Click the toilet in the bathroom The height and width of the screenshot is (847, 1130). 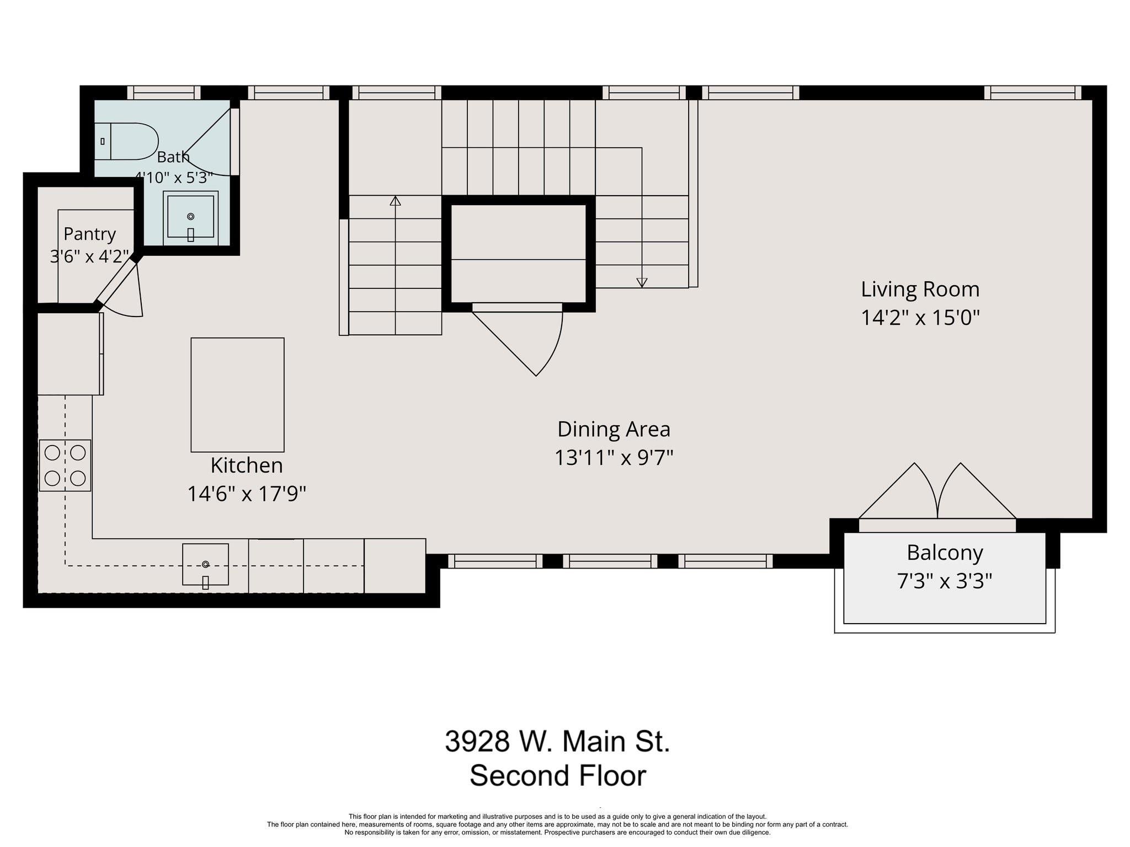[126, 141]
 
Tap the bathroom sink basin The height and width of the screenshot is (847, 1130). [191, 216]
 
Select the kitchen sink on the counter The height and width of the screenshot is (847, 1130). [205, 564]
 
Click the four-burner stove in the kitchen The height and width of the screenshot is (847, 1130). [65, 465]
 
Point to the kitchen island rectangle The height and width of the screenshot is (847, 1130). [238, 395]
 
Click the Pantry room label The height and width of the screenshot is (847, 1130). [89, 234]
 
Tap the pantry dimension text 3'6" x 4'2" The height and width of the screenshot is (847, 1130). [89, 256]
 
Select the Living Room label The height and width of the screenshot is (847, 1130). [920, 290]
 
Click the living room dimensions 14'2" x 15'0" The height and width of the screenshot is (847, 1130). [920, 318]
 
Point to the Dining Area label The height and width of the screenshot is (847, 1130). [614, 429]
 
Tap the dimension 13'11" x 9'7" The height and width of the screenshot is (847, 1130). [614, 458]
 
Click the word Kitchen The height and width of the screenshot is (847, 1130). [247, 465]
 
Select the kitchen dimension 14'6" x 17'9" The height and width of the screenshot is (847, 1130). [247, 494]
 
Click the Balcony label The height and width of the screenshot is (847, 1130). [945, 553]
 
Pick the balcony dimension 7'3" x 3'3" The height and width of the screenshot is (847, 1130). [945, 581]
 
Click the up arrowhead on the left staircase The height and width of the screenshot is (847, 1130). [395, 201]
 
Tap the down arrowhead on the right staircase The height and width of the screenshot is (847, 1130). [642, 282]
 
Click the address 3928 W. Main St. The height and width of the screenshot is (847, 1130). [557, 742]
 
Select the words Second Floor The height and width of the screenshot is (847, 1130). [557, 776]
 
